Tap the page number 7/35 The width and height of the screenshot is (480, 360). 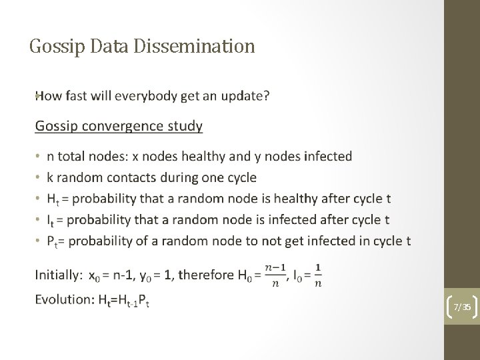tap(462, 307)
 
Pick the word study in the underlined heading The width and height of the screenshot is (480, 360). tap(186, 125)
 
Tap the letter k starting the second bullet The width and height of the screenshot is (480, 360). tap(49, 177)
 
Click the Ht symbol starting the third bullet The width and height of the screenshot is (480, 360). tap(52, 199)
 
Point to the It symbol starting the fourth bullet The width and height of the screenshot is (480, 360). tap(51, 220)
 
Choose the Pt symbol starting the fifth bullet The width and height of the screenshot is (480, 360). tap(52, 241)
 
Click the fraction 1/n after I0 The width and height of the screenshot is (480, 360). tap(318, 274)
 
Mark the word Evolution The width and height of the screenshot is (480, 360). tap(64, 300)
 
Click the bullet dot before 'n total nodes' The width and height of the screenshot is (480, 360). tap(37, 157)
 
